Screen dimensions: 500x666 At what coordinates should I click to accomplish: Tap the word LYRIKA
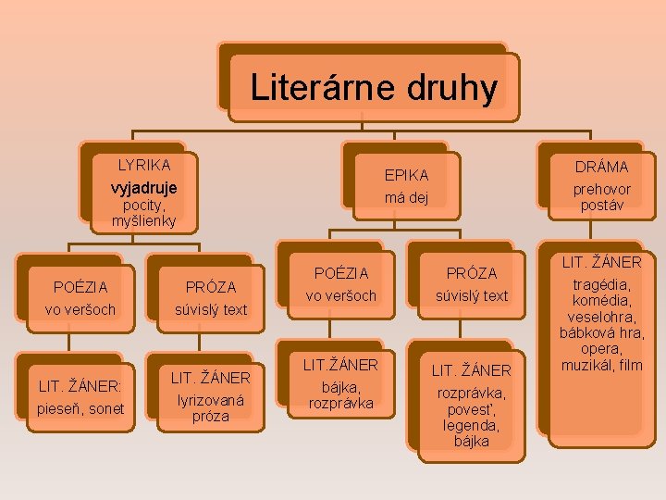coord(143,165)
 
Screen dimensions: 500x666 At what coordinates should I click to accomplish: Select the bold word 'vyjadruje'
coord(143,186)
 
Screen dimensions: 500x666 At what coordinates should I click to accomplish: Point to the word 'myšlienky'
coord(143,221)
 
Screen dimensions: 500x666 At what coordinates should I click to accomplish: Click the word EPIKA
coord(406,174)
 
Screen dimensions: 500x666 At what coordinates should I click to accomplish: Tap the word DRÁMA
coord(601,167)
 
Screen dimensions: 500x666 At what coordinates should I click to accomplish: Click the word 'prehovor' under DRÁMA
coord(601,188)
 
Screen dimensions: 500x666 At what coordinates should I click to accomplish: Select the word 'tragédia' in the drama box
coord(600,284)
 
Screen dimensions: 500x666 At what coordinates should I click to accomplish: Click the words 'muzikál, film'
coord(601,365)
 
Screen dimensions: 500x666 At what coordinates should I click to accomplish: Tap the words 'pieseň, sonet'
coord(80,407)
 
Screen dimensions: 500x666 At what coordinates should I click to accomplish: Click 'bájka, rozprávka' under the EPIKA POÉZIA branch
coord(340,394)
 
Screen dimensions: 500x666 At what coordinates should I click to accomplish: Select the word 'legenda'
coord(472,425)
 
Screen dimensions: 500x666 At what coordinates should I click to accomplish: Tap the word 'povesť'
coord(472,408)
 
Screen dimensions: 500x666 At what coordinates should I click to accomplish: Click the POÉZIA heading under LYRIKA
coord(80,287)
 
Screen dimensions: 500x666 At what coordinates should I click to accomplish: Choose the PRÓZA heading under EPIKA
coord(472,273)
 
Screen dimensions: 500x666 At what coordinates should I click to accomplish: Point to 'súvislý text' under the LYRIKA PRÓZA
coord(211,309)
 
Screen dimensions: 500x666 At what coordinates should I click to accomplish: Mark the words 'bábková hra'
coord(601,332)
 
